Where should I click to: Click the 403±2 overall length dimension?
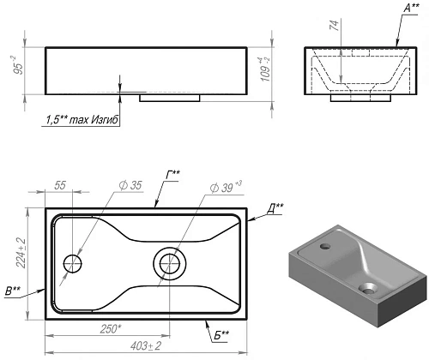coord(146,346)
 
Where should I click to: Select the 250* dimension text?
coord(111,329)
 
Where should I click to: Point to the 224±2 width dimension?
coord(21,253)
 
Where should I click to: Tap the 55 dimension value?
coord(60,185)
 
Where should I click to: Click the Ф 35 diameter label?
coord(130,185)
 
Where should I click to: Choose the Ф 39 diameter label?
coord(226,187)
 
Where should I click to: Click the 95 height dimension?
coord(19,66)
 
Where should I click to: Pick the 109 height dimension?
coord(265,69)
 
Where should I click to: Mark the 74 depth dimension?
coord(334,25)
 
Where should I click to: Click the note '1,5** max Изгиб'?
coord(82,120)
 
